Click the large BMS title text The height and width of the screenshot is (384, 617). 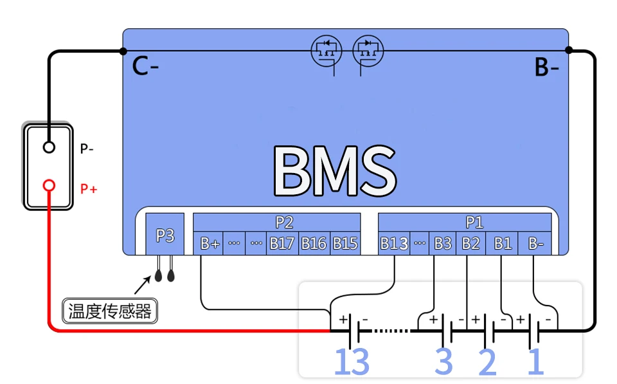pyautogui.click(x=334, y=171)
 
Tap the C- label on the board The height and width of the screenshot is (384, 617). pyautogui.click(x=145, y=66)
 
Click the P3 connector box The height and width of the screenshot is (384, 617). pyautogui.click(x=165, y=235)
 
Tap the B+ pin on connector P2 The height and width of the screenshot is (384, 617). pyautogui.click(x=210, y=244)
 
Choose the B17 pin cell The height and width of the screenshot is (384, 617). pyautogui.click(x=282, y=244)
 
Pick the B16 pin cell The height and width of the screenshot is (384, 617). pyautogui.click(x=314, y=244)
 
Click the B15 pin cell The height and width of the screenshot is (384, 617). pyautogui.click(x=345, y=244)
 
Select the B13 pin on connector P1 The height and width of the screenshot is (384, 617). pyautogui.click(x=394, y=244)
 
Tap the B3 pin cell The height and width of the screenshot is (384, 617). pyautogui.click(x=442, y=244)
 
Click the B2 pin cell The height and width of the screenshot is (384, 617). pyautogui.click(x=470, y=244)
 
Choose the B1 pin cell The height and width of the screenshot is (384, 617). pyautogui.click(x=503, y=244)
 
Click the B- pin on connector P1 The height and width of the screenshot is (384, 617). pyautogui.click(x=535, y=244)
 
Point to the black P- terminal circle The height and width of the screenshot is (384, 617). pyautogui.click(x=49, y=147)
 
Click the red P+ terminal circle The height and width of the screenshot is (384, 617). pyautogui.click(x=49, y=187)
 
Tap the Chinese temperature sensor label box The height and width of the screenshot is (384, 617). pyautogui.click(x=110, y=311)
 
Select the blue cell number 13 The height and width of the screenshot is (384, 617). pyautogui.click(x=352, y=363)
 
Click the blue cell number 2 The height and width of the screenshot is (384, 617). pyautogui.click(x=487, y=363)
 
